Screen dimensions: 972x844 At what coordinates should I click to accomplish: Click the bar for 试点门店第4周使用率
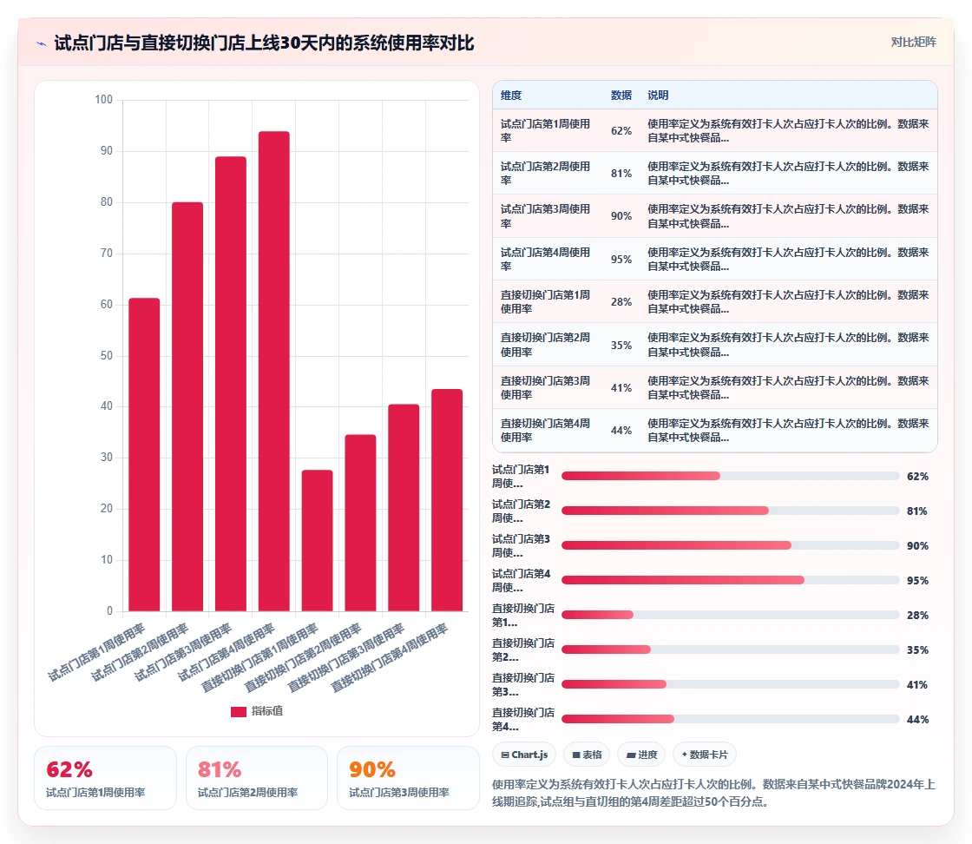[x=274, y=371]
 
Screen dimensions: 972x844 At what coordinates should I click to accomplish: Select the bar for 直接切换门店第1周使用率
[x=318, y=541]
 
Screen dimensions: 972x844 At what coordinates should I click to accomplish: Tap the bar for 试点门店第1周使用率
[x=144, y=454]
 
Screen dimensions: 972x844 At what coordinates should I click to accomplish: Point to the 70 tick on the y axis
[x=106, y=253]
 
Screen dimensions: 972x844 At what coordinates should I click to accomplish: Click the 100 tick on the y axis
[x=103, y=99]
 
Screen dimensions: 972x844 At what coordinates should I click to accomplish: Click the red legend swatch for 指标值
[x=239, y=711]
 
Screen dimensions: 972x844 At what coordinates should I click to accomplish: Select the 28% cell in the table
[x=621, y=302]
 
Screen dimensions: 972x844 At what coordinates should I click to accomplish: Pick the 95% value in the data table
[x=621, y=260]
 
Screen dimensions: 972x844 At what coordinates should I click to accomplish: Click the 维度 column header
[x=511, y=95]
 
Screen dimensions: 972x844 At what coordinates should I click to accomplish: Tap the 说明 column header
[x=659, y=95]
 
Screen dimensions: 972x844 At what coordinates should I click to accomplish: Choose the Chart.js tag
[x=524, y=755]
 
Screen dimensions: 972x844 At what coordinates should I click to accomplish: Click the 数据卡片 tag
[x=704, y=755]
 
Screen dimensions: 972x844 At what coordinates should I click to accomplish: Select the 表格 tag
[x=587, y=755]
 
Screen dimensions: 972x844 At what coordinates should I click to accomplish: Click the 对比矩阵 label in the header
[x=914, y=43]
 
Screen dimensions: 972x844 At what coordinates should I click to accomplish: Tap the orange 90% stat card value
[x=372, y=769]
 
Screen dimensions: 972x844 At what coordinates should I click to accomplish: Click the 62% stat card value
[x=69, y=769]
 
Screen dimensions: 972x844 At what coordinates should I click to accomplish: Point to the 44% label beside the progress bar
[x=917, y=719]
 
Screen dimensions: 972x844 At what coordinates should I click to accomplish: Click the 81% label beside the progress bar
[x=917, y=511]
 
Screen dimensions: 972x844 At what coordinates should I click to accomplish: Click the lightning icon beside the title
[x=42, y=43]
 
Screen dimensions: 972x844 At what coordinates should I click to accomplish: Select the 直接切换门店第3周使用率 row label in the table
[x=546, y=387]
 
